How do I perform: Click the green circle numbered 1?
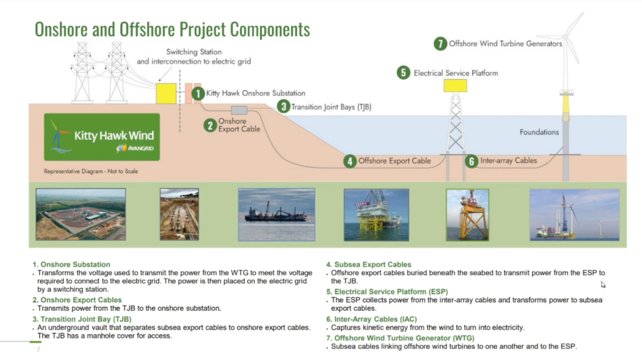pyautogui.click(x=198, y=94)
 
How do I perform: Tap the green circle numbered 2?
pyautogui.click(x=211, y=125)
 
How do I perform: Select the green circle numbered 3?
pyautogui.click(x=284, y=106)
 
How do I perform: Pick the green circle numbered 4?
pyautogui.click(x=350, y=161)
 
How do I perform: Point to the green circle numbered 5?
pyautogui.click(x=403, y=73)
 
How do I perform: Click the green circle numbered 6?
pyautogui.click(x=471, y=161)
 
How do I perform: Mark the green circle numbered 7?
pyautogui.click(x=440, y=44)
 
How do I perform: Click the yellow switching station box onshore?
pyautogui.click(x=166, y=94)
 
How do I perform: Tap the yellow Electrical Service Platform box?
pyautogui.click(x=456, y=86)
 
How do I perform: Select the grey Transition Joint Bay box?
pyautogui.click(x=239, y=110)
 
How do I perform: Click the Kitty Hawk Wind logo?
pyautogui.click(x=102, y=137)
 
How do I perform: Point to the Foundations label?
pyautogui.click(x=539, y=132)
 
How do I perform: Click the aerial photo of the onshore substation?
pyautogui.click(x=81, y=214)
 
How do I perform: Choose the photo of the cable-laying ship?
pyautogui.click(x=277, y=214)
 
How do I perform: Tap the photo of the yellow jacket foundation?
pyautogui.click(x=468, y=215)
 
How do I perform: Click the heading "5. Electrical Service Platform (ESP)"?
pyautogui.click(x=387, y=291)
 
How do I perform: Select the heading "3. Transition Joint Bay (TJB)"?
pyautogui.click(x=82, y=319)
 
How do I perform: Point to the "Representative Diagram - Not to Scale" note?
pyautogui.click(x=91, y=171)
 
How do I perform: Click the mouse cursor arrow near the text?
pyautogui.click(x=603, y=284)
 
